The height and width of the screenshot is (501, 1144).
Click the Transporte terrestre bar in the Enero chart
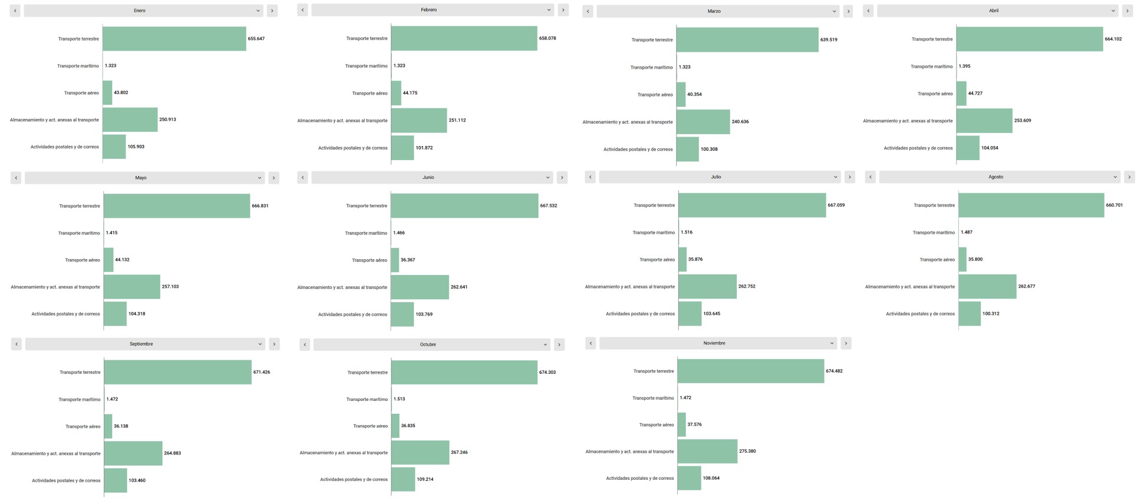pyautogui.click(x=174, y=39)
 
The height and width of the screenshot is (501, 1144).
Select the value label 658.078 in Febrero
pyautogui.click(x=547, y=38)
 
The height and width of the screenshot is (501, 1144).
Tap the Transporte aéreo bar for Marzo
pyautogui.click(x=681, y=94)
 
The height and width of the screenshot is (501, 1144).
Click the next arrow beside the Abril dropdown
pyautogui.click(x=1127, y=11)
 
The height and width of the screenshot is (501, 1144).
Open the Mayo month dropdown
pyautogui.click(x=144, y=178)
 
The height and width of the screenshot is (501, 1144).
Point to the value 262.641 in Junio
pyautogui.click(x=459, y=287)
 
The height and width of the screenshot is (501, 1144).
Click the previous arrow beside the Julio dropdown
pyautogui.click(x=590, y=177)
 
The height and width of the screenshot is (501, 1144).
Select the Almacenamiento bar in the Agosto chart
pyautogui.click(x=987, y=287)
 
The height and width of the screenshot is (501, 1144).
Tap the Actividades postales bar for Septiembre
pyautogui.click(x=116, y=480)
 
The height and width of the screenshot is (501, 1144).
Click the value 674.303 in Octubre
pyautogui.click(x=547, y=373)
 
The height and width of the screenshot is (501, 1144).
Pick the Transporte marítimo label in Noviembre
pyautogui.click(x=653, y=398)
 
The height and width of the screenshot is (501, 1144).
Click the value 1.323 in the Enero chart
pyautogui.click(x=110, y=66)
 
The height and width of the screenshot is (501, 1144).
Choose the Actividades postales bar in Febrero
pyautogui.click(x=402, y=148)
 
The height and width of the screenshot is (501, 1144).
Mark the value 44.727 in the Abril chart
pyautogui.click(x=975, y=94)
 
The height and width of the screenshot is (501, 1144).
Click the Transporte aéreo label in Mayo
pyautogui.click(x=83, y=260)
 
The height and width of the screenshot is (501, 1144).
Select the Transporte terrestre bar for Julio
pyautogui.click(x=751, y=205)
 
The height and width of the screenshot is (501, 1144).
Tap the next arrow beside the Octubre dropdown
pyautogui.click(x=559, y=344)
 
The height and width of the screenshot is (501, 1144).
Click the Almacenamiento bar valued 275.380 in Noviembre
pyautogui.click(x=707, y=452)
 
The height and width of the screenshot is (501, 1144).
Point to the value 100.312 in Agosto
pyautogui.click(x=990, y=314)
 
